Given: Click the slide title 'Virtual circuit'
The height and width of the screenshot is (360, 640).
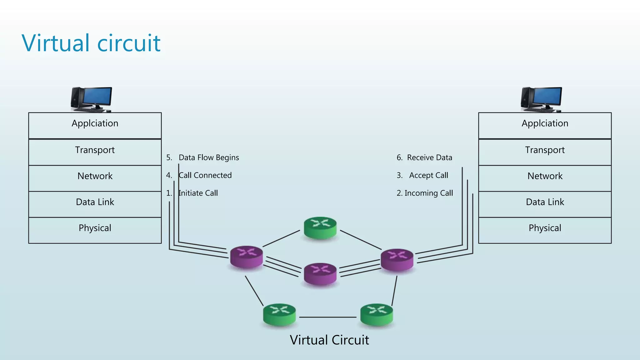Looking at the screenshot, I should (91, 43).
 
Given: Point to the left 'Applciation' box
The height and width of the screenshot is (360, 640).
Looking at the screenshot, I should (95, 125).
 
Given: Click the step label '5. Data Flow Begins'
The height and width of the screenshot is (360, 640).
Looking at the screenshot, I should (203, 157).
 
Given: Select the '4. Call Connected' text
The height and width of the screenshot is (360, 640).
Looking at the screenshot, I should (199, 175).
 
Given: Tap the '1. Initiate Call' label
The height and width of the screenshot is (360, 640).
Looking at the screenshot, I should (192, 193).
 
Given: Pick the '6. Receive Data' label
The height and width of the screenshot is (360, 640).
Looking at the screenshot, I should (424, 157).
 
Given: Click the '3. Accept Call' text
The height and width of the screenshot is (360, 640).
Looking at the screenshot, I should (422, 175).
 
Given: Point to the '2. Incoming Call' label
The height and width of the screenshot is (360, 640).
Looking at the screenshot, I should (425, 193).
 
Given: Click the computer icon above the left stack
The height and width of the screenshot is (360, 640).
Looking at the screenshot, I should (91, 99).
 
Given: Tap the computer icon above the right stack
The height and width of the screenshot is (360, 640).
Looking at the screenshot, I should (541, 99).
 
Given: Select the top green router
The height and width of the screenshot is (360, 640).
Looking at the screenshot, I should (320, 228).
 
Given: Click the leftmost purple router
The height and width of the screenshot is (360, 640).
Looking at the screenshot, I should (247, 257).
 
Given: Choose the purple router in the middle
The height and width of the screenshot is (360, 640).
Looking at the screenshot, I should (320, 274).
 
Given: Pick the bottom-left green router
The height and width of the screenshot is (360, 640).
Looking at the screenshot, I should (279, 315).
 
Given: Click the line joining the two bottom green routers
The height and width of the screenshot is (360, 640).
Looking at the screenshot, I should (328, 317).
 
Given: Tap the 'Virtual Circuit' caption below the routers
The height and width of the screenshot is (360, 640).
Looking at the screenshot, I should (329, 340).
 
